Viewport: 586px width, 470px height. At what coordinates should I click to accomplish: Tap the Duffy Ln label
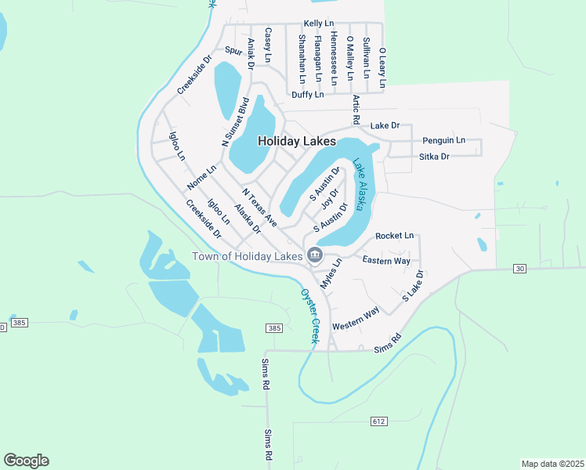click(307, 95)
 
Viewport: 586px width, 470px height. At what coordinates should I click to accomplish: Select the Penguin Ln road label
click(443, 140)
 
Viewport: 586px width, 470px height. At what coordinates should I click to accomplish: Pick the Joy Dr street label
click(329, 199)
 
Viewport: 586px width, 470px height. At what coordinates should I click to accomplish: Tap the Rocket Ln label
click(394, 236)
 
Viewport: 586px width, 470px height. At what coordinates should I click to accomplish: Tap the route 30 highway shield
click(519, 269)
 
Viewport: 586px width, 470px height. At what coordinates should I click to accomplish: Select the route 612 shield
click(379, 421)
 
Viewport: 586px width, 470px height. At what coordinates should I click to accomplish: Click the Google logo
click(26, 461)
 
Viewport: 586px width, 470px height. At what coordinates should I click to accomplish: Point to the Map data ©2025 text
click(552, 464)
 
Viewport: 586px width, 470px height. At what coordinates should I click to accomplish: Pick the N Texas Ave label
click(259, 208)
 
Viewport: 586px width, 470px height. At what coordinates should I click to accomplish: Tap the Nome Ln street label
click(201, 180)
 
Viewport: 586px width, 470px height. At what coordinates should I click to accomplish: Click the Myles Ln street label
click(332, 273)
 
